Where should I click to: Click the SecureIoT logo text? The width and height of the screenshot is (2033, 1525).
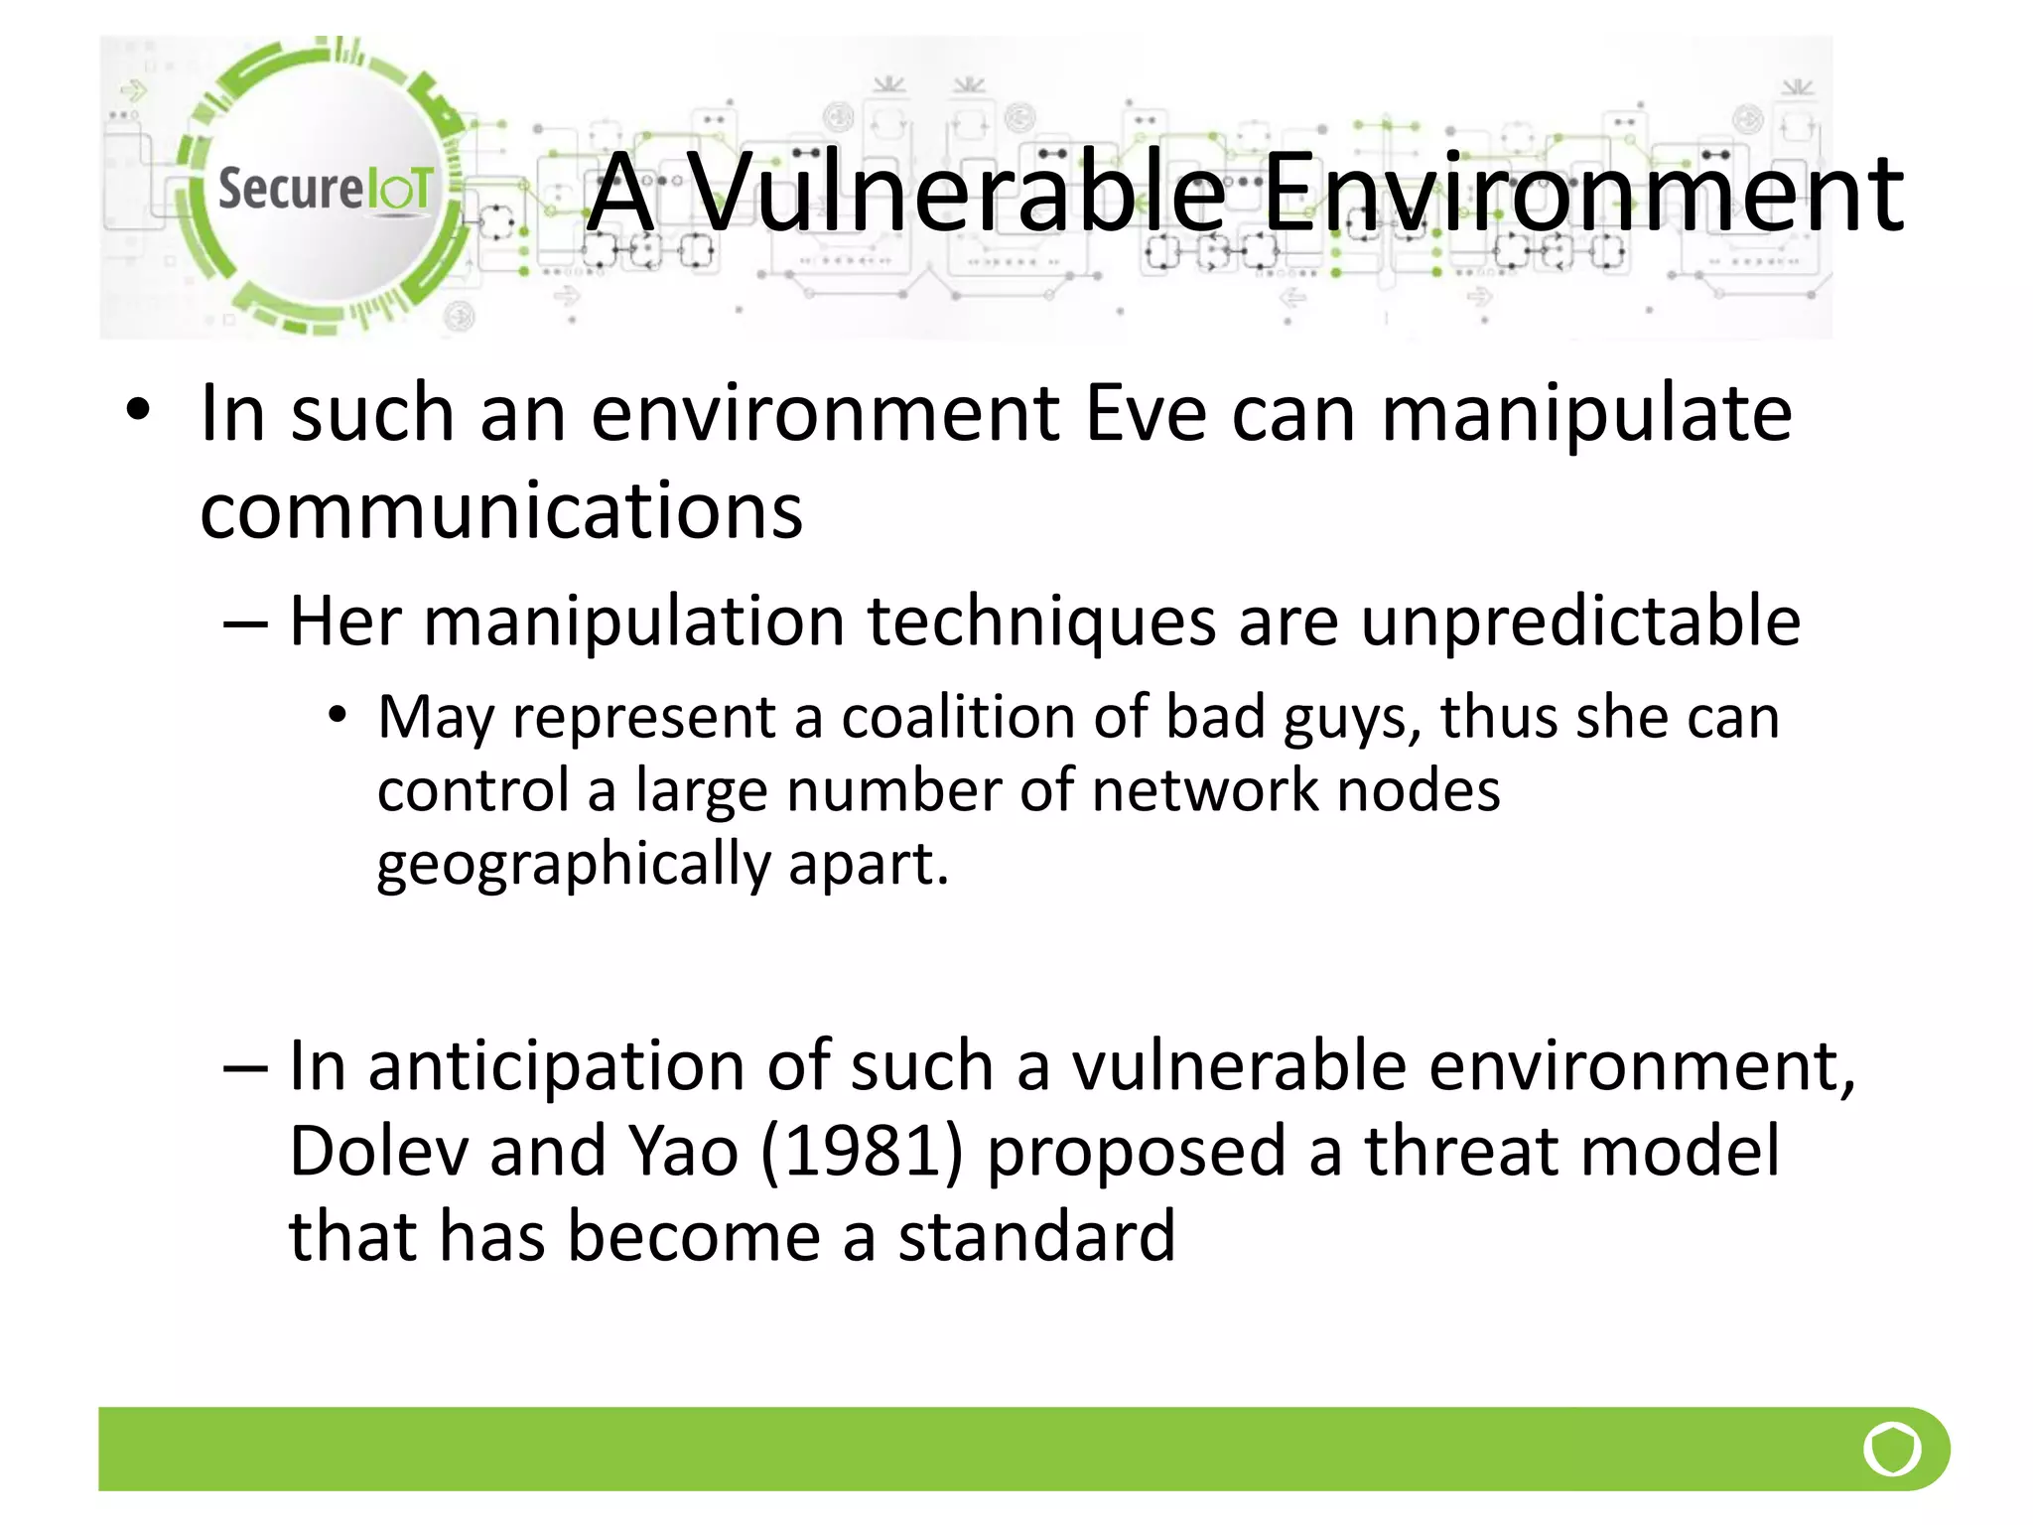325,189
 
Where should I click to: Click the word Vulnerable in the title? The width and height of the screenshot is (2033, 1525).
957,193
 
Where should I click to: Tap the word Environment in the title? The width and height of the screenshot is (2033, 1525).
1582,193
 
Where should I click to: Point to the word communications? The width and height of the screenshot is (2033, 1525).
501,510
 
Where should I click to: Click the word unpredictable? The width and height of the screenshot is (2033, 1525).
1579,623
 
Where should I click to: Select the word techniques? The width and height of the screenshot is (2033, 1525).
1041,623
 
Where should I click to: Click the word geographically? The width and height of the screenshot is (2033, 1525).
574,864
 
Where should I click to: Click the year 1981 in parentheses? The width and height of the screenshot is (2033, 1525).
862,1152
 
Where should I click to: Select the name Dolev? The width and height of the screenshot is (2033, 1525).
377,1152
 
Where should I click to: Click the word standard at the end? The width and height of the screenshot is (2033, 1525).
1036,1237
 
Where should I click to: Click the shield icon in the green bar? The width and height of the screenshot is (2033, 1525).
1892,1449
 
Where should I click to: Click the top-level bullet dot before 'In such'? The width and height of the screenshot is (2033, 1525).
138,411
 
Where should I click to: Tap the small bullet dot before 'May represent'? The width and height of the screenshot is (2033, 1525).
338,715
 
